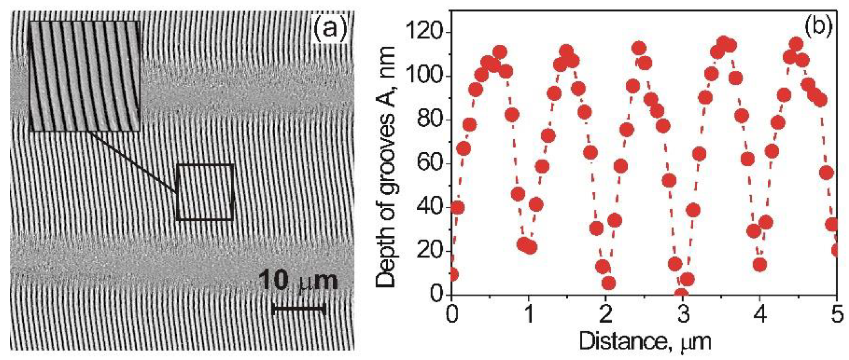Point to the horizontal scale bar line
[x=299, y=309]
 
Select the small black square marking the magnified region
[x=205, y=192]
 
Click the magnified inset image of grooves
[x=85, y=76]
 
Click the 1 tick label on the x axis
[x=529, y=315]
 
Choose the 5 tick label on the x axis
[x=837, y=315]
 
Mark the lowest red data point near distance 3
[x=681, y=293]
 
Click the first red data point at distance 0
[x=453, y=274]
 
